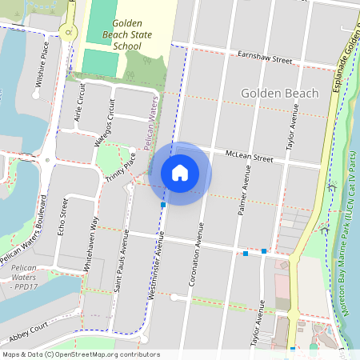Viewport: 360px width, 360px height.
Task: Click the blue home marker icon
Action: [x=180, y=172]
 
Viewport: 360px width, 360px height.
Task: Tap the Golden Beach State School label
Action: [x=128, y=35]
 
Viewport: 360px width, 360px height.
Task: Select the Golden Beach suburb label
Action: [x=279, y=94]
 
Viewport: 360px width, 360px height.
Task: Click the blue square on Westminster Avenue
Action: [x=163, y=206]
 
